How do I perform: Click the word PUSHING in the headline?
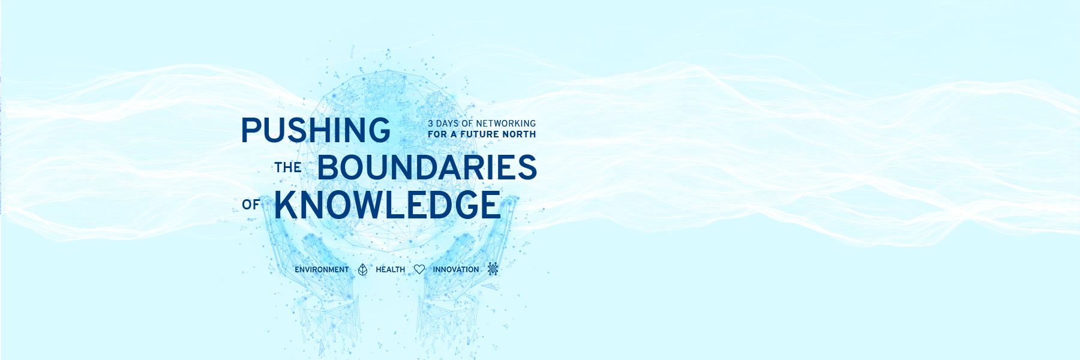coord(316,130)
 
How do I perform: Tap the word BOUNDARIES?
coord(427,167)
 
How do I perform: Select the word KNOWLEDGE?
coord(387,205)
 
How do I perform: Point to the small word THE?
coord(288,167)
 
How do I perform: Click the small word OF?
coord(251,205)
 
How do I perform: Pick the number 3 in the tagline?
coord(431,124)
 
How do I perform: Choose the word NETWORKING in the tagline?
coord(506,124)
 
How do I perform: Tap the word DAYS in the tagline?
coord(448,124)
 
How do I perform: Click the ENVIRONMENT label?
coord(322,269)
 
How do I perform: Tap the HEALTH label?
coord(391,269)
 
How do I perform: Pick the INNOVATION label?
coord(456,269)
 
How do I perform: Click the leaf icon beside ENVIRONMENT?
coord(362,269)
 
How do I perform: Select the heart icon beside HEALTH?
coord(419,269)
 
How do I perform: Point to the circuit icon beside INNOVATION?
coord(493,268)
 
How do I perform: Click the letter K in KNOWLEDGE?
coord(286,205)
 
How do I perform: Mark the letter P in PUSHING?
coord(251,130)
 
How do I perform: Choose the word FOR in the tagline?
coord(437,134)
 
